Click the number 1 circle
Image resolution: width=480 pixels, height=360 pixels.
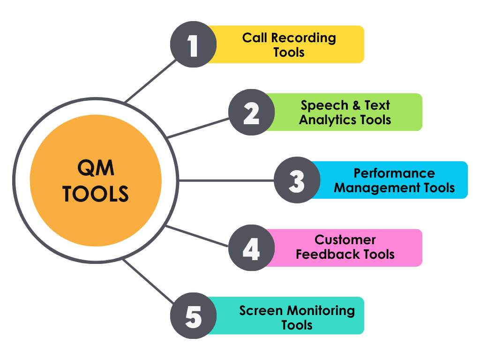click(x=193, y=45)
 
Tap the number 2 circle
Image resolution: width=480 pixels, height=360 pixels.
click(x=252, y=112)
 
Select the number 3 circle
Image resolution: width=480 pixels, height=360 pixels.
click(x=297, y=180)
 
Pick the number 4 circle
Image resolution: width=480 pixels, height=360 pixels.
click(x=252, y=248)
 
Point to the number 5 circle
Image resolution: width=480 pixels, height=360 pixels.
click(x=193, y=316)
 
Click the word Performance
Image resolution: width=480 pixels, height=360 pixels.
click(x=394, y=173)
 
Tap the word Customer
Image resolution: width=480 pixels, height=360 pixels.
click(x=345, y=240)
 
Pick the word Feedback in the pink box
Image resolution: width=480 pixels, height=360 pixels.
click(x=324, y=255)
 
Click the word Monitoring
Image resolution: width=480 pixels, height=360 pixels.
click(x=321, y=310)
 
